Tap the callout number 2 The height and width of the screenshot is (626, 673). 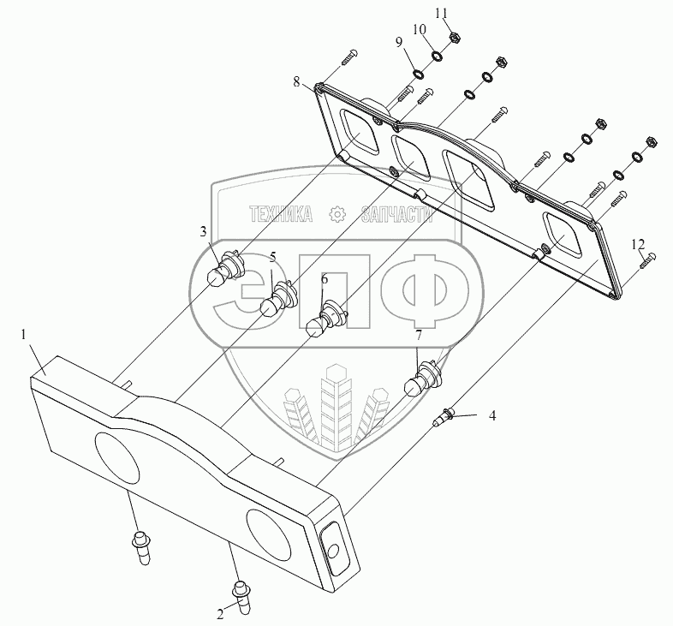click(x=220, y=613)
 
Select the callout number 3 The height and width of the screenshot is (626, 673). click(x=204, y=231)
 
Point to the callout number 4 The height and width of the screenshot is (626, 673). click(x=492, y=416)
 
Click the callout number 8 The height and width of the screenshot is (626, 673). click(x=296, y=82)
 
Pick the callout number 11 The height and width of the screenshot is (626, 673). click(x=442, y=13)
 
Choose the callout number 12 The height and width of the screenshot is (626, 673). click(x=637, y=245)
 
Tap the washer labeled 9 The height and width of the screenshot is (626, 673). click(x=419, y=74)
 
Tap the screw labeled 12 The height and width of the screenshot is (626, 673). click(x=648, y=259)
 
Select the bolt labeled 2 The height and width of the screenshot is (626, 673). click(x=241, y=594)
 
